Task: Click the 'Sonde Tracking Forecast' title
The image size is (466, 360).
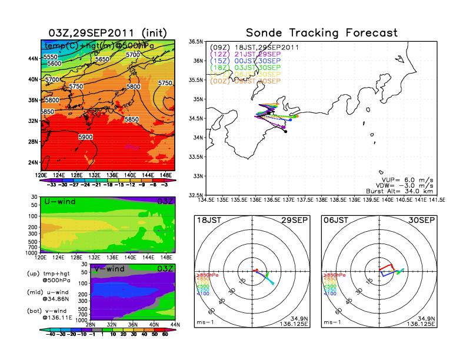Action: tap(321, 32)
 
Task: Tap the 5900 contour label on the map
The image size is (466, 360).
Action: tap(85, 137)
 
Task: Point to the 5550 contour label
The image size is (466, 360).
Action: tap(51, 56)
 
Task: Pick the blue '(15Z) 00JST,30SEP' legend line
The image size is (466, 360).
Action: tap(253, 61)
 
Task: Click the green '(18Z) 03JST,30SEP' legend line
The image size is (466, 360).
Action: tap(253, 68)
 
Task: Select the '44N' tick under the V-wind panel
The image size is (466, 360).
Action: tap(172, 324)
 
